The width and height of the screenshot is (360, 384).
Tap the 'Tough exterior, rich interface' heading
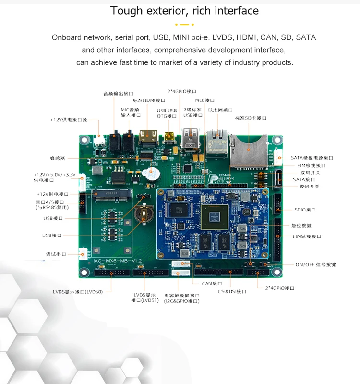184,11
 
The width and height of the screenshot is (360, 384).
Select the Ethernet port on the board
217,140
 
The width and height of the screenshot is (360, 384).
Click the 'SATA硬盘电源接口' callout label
312,158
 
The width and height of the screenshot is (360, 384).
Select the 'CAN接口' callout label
212,284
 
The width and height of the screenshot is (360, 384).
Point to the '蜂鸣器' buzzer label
58,158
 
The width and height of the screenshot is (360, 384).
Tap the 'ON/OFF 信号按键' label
315,264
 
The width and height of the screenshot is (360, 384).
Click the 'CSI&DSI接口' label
232,291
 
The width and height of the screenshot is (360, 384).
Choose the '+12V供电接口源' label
69,120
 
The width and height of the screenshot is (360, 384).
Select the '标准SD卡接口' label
250,118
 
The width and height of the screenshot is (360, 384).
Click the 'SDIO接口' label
305,210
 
